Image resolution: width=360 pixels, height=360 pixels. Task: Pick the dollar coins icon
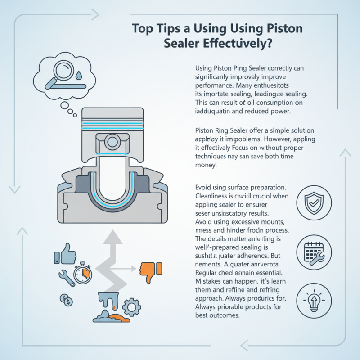point(66,299)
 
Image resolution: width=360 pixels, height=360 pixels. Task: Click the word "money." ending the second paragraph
point(207,166)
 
